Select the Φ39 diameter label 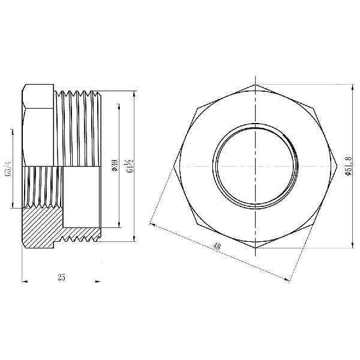point(115,166)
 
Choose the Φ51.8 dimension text point(347,166)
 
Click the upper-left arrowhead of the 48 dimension point(151,224)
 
